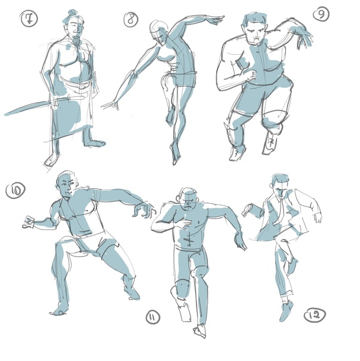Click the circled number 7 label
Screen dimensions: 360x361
pos(29,19)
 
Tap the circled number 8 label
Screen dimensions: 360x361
pos(131,19)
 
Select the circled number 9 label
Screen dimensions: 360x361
pos(321,14)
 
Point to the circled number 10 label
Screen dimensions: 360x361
pos(16,190)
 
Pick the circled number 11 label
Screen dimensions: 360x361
pos(153,317)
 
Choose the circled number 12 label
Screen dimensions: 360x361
pos(315,315)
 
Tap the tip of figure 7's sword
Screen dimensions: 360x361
pos(5,114)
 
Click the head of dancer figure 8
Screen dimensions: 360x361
pos(159,31)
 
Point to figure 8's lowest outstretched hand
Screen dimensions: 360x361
pos(110,105)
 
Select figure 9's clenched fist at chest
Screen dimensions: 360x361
pos(251,75)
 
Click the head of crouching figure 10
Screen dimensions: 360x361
pos(67,183)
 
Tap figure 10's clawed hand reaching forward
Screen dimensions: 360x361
pos(144,210)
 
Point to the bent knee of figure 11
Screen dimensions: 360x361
pos(199,272)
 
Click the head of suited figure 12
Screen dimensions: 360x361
pos(280,186)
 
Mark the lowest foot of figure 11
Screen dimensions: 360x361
pos(199,331)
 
